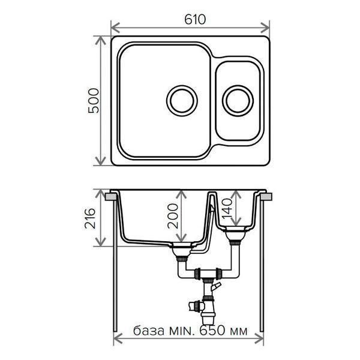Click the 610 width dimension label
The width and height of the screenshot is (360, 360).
(195, 20)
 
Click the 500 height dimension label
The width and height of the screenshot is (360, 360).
(94, 101)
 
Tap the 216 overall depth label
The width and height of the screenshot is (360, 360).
(90, 218)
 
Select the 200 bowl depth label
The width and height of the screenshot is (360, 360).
(173, 216)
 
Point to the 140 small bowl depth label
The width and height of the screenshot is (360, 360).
(227, 209)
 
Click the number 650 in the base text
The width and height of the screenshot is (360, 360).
(212, 331)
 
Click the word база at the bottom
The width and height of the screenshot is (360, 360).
(149, 331)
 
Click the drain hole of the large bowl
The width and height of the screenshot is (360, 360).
(182, 101)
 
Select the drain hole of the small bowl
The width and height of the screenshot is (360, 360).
(238, 101)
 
